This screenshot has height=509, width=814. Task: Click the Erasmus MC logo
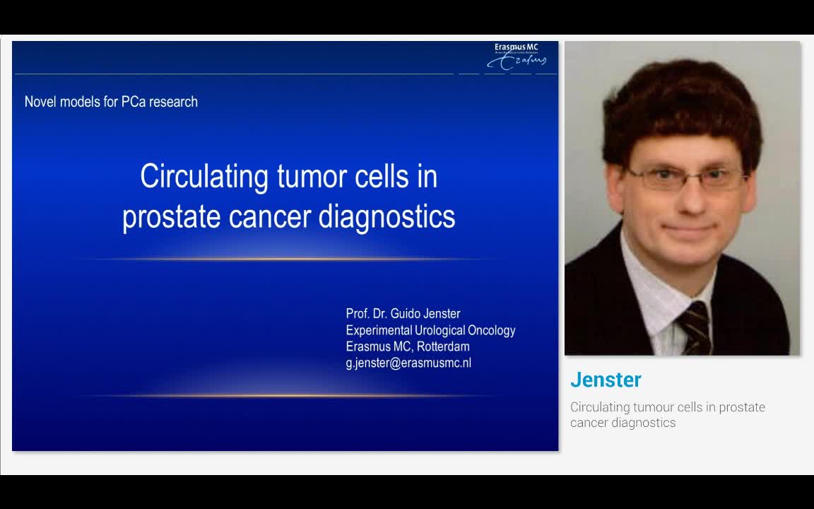516,57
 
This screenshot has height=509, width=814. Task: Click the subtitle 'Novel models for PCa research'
111,102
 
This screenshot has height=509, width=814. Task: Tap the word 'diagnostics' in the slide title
387,216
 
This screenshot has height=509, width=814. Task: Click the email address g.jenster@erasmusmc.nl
408,363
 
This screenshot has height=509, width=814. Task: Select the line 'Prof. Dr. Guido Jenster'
403,313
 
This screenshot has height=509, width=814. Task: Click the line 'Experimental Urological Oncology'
430,330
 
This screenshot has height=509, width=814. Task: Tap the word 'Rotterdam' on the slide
443,346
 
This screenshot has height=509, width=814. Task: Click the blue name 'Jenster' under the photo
606,380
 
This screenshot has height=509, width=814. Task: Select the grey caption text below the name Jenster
667,415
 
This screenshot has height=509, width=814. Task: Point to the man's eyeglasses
684,177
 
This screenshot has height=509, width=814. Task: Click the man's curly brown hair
678,99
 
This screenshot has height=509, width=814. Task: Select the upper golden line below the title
286,259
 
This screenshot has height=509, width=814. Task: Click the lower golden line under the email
286,396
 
